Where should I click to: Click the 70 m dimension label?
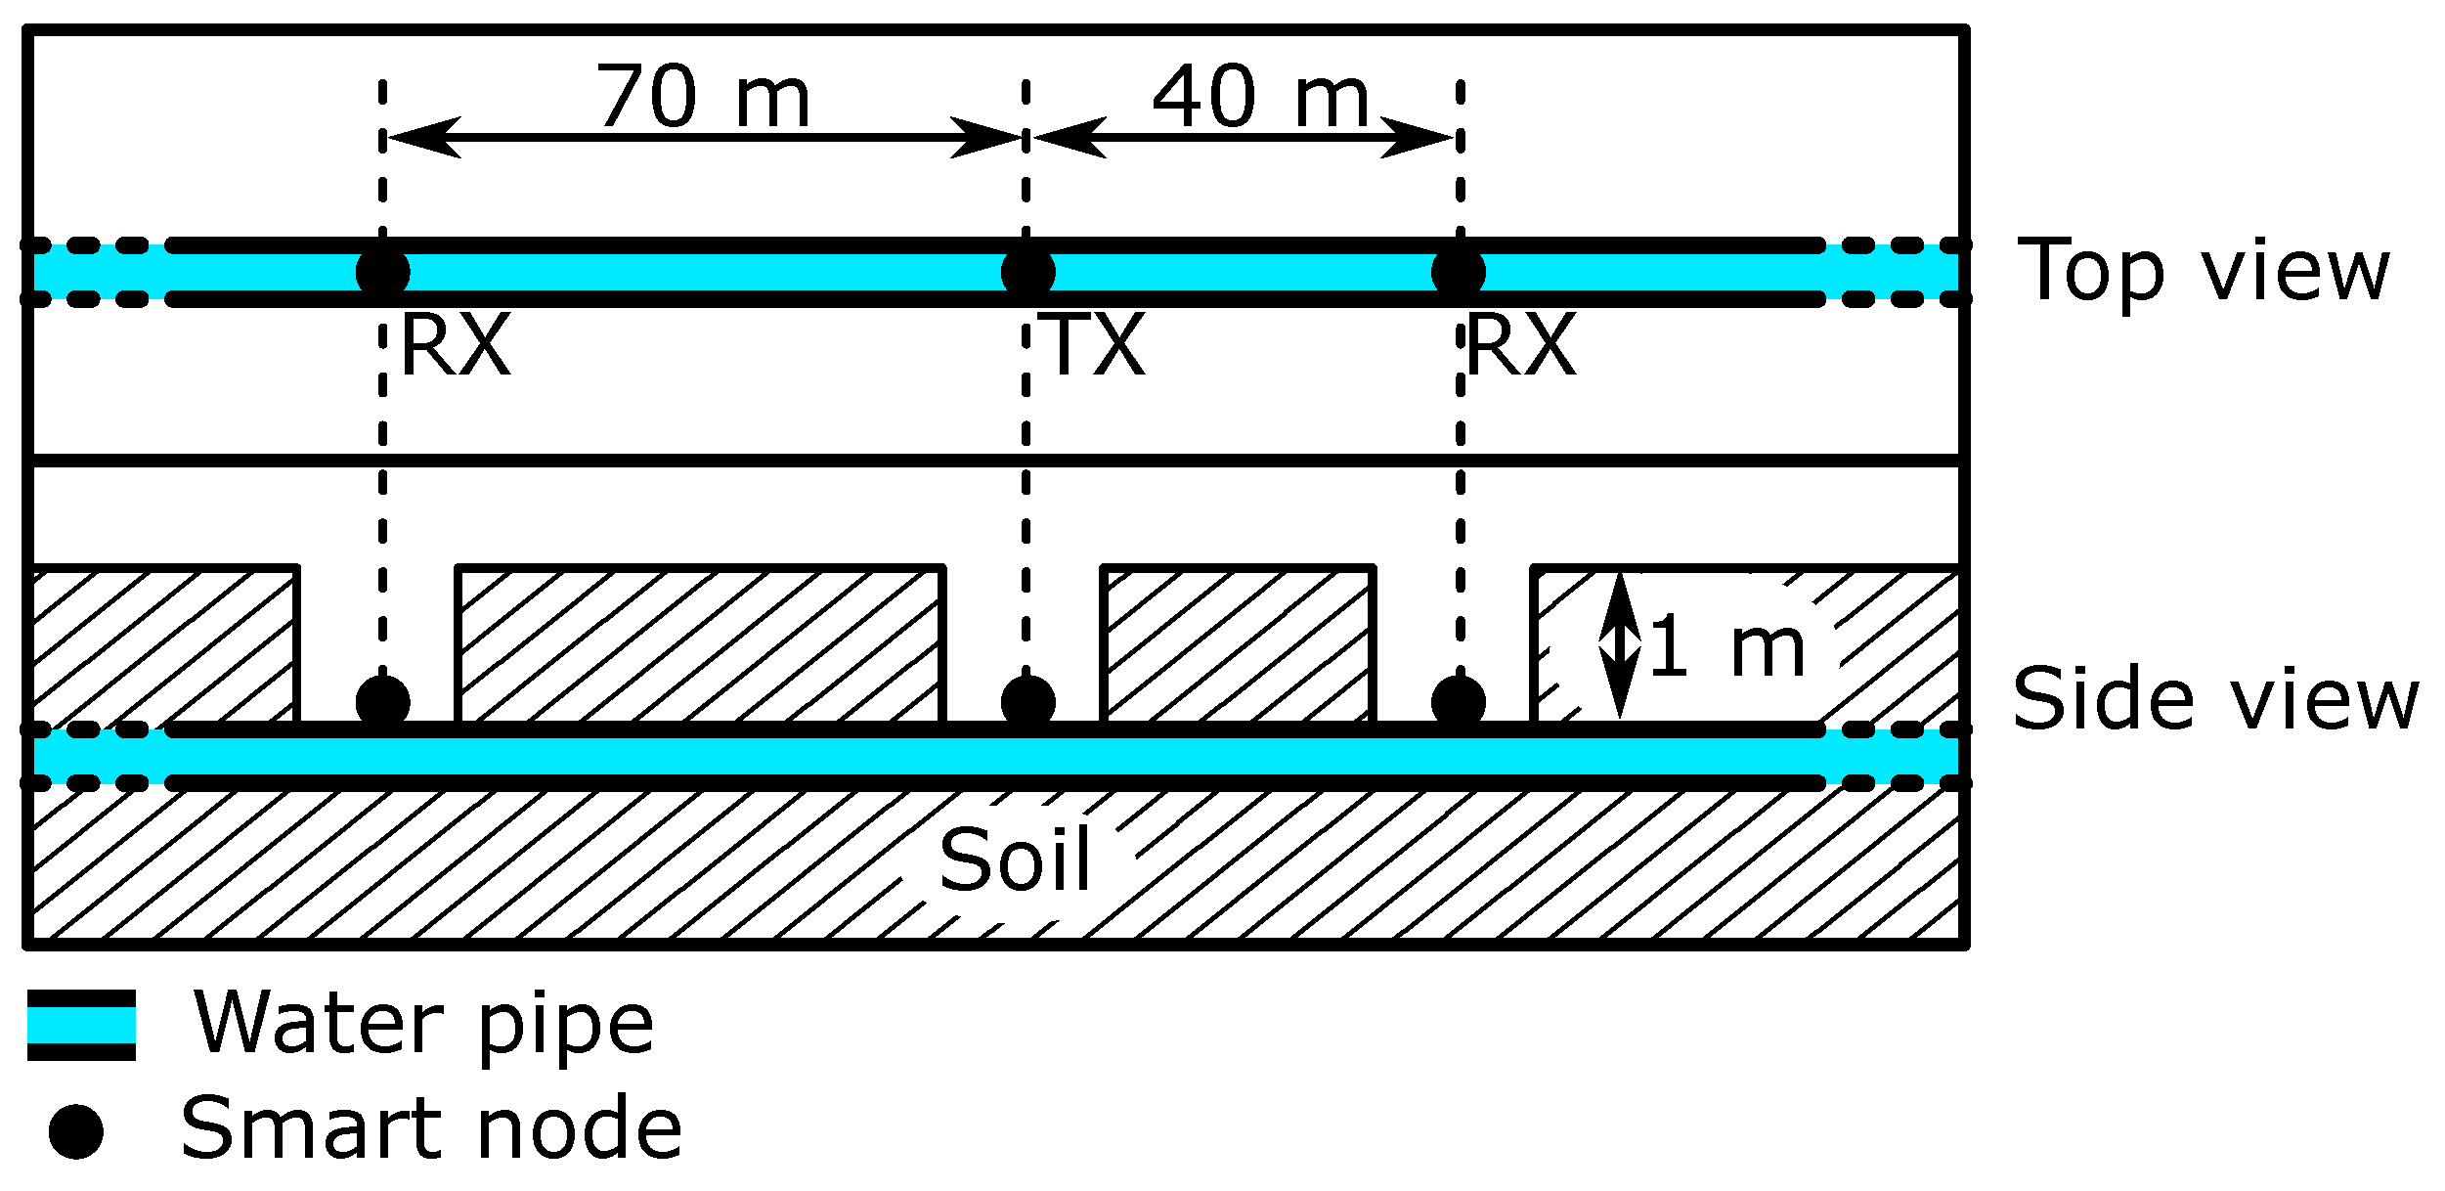(x=703, y=97)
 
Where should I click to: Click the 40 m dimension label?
(x=1260, y=97)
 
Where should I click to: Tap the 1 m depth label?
(x=1726, y=647)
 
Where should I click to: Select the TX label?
(x=1095, y=345)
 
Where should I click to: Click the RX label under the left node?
(x=456, y=345)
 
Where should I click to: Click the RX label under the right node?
(x=1521, y=345)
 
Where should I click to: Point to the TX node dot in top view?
(x=1027, y=272)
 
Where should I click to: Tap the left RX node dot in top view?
(x=382, y=272)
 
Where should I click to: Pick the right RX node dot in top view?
(x=1458, y=272)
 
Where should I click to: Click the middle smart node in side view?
(x=1027, y=701)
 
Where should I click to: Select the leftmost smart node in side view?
(x=382, y=701)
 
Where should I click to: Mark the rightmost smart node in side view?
(x=1458, y=701)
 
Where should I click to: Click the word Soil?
(x=1015, y=860)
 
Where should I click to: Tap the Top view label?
(x=2204, y=271)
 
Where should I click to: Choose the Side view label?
(x=2215, y=699)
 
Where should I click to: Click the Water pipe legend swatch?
(x=81, y=1025)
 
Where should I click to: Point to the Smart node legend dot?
(x=76, y=1131)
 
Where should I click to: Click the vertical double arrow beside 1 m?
(x=1619, y=645)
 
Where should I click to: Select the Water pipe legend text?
(x=423, y=1025)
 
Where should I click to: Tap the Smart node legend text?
(x=431, y=1129)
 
